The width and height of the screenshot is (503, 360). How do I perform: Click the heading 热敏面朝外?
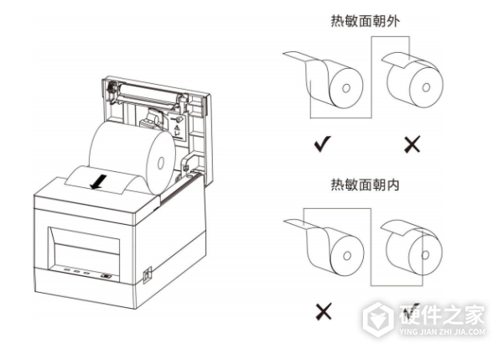[366, 22]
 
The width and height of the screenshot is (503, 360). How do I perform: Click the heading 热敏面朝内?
[366, 185]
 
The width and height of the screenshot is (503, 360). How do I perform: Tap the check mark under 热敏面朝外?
[323, 143]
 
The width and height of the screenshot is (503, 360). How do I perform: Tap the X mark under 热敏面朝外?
[412, 144]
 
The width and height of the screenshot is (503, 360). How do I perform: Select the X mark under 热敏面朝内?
[324, 311]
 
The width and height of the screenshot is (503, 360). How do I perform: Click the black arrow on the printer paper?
[99, 181]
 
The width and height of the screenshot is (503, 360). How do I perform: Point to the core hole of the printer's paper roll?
[161, 164]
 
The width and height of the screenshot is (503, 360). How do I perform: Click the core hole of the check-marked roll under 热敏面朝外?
[346, 88]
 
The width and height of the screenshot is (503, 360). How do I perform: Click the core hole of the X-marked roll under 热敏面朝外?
[426, 87]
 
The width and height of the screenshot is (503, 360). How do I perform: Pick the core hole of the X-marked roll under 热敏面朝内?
[347, 256]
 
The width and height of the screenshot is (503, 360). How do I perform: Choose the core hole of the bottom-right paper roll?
[425, 255]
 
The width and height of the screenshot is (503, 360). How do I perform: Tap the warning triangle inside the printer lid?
[176, 128]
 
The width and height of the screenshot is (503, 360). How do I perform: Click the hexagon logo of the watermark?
[379, 319]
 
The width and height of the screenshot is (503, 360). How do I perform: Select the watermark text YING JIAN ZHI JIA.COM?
[443, 332]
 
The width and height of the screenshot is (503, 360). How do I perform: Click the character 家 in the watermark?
[473, 315]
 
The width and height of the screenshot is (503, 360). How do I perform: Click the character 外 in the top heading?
[393, 22]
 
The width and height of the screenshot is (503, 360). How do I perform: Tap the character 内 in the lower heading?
[393, 185]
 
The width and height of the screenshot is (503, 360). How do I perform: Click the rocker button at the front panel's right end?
[106, 276]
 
